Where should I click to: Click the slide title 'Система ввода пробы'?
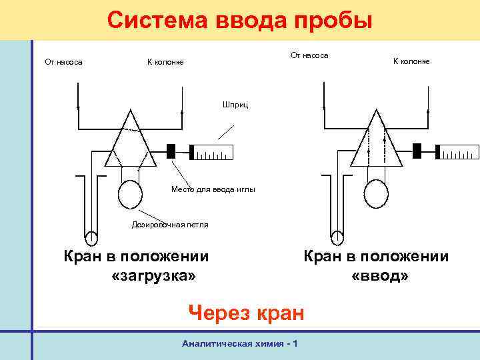point(239,20)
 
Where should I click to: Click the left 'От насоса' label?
point(63,62)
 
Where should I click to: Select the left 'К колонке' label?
point(165,62)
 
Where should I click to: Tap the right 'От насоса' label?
point(309,55)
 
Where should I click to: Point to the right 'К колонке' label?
point(411,61)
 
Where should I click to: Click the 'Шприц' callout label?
point(234,105)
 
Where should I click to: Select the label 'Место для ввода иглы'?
point(213,190)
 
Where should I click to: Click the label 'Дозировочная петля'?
point(169,225)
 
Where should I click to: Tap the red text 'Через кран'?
point(246,311)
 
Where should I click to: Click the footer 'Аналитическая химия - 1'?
point(239,343)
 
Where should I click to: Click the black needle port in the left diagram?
point(171,151)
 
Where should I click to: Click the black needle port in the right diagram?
point(417,151)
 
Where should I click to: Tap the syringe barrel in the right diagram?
point(458,153)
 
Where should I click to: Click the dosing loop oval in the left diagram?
point(130,194)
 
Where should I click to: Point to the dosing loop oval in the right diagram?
point(377,194)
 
